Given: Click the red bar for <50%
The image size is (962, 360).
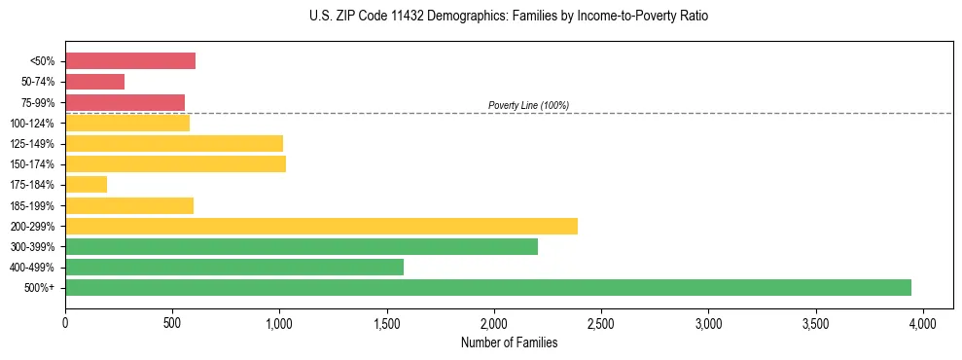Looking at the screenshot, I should [x=130, y=61].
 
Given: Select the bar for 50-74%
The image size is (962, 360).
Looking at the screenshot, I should [x=95, y=82].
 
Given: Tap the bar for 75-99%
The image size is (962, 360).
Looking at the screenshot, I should [x=125, y=102].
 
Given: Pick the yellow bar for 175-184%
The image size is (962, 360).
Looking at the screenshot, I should [x=87, y=185].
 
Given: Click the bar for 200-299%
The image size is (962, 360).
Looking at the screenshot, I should [x=321, y=226].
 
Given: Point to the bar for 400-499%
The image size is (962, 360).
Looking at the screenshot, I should [x=234, y=267].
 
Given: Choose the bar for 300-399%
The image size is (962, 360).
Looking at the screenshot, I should [x=302, y=246].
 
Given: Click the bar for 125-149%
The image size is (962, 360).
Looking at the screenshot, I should [x=174, y=144].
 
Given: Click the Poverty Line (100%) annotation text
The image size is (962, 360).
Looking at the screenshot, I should [x=528, y=105].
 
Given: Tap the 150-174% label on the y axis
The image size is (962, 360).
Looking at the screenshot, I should [x=32, y=164].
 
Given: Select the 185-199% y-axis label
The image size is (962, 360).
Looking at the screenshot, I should [x=32, y=205].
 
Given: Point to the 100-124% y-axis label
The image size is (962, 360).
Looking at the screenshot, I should [x=32, y=124].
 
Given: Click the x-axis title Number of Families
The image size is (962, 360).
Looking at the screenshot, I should [x=509, y=342].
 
